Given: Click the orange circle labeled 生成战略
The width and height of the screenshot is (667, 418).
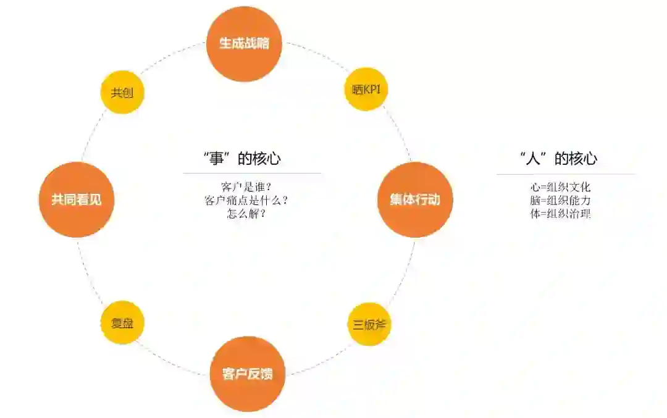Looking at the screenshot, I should click(244, 44).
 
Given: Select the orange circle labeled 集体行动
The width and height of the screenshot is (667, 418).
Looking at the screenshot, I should click(415, 200).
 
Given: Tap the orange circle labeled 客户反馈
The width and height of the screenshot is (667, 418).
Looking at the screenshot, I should click(247, 374).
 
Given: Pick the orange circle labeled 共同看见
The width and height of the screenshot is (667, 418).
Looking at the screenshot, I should click(77, 200).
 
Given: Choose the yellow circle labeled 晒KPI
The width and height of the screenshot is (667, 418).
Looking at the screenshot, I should click(366, 90).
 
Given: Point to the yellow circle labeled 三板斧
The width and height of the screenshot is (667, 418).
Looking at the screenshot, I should click(369, 324).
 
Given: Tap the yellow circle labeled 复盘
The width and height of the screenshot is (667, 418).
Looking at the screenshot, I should click(122, 323).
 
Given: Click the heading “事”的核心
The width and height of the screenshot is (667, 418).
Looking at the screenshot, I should click(241, 159).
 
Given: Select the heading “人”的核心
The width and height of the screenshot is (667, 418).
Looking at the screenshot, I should click(558, 159).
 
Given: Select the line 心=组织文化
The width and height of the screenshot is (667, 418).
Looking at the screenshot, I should click(561, 187).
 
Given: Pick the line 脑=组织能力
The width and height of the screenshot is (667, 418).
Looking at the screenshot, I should click(561, 201).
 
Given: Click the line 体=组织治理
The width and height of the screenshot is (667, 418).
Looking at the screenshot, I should click(561, 214).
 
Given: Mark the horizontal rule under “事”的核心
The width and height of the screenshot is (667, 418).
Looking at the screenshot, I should click(252, 173).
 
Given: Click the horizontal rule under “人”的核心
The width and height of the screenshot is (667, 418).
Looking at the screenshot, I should click(566, 174).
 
